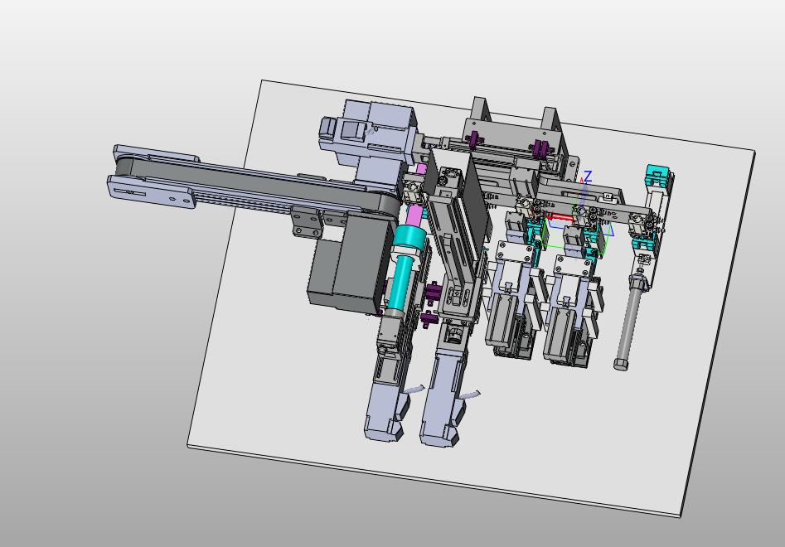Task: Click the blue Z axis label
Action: pyautogui.click(x=588, y=177)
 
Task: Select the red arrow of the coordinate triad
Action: pyautogui.click(x=559, y=218)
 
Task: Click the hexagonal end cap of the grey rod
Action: pyautogui.click(x=621, y=363)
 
